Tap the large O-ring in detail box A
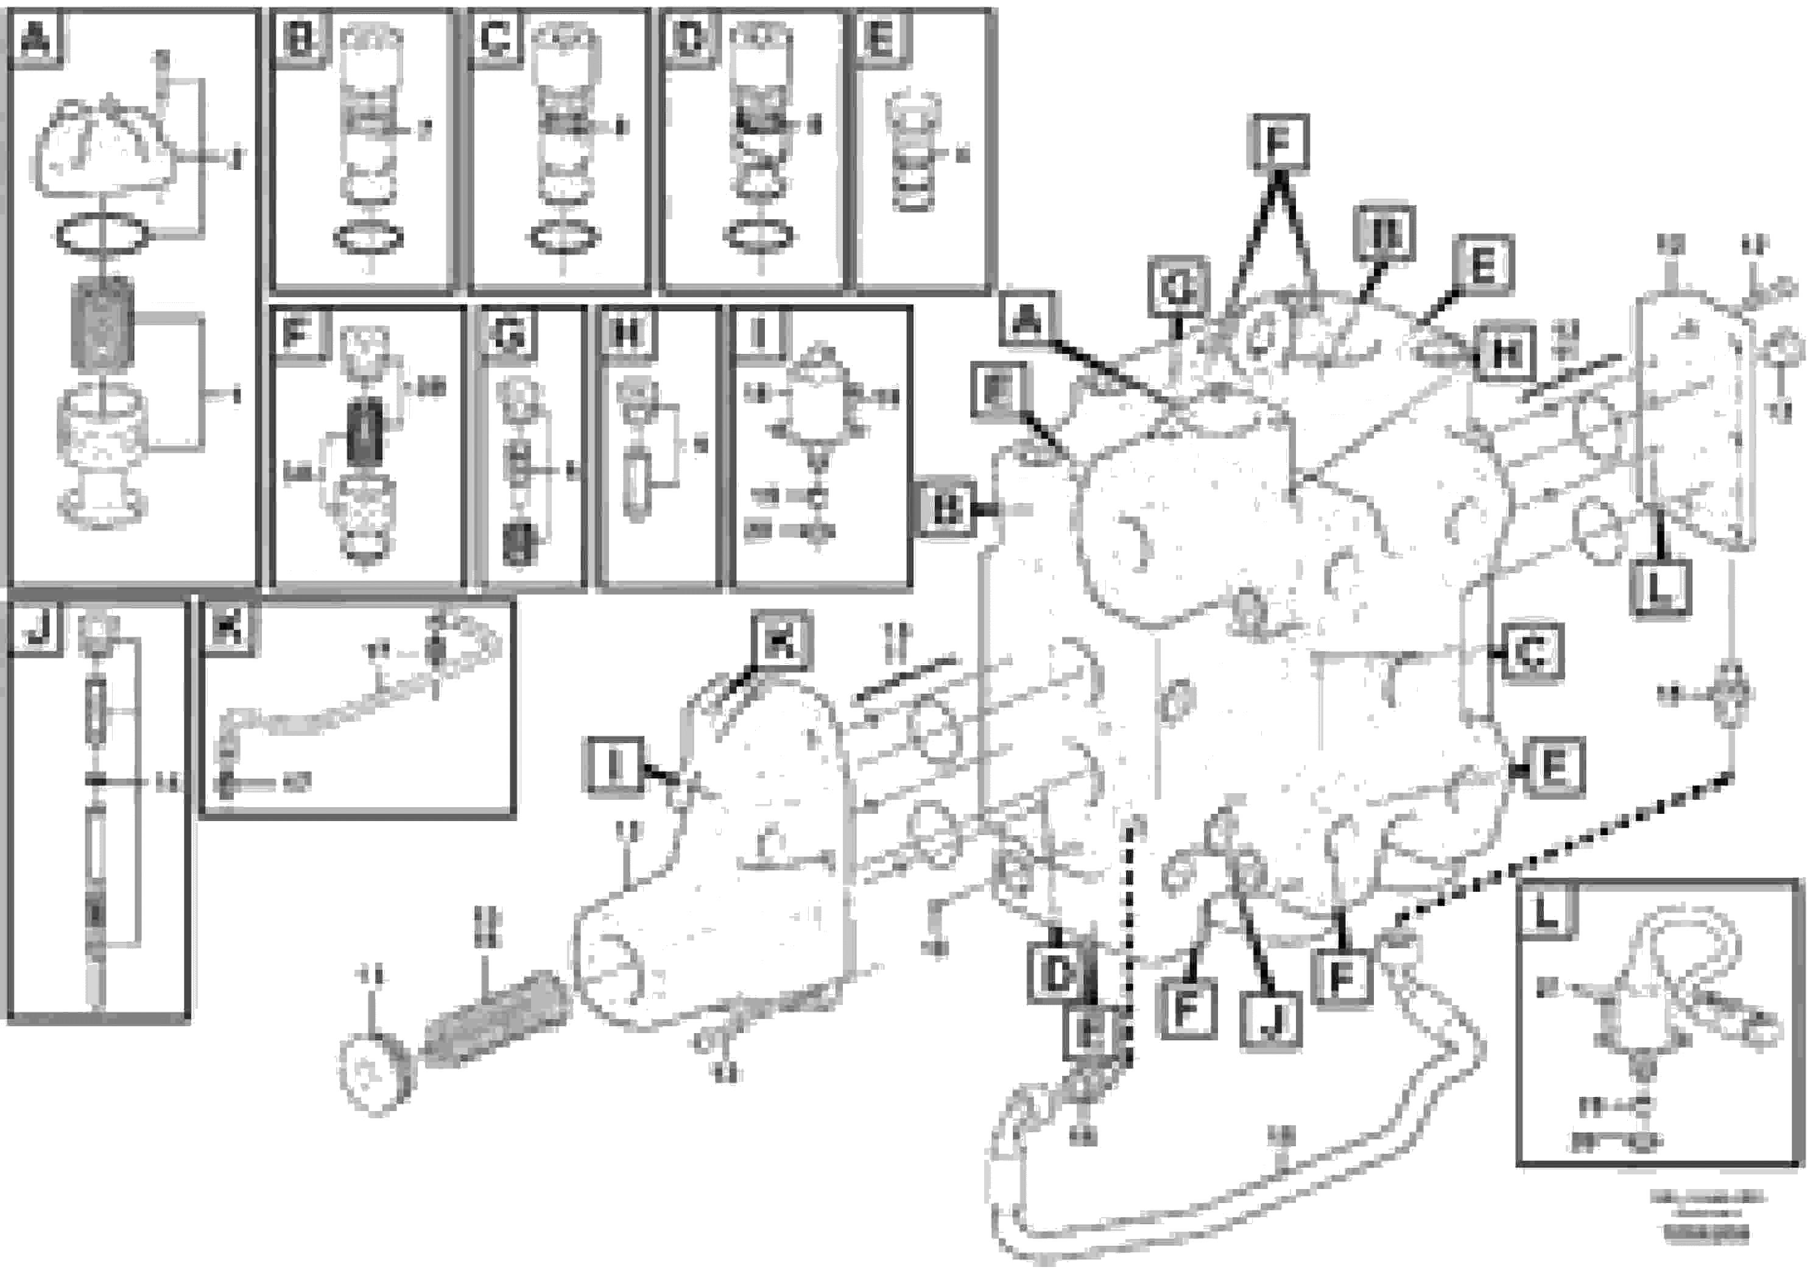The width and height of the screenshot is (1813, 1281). (x=102, y=235)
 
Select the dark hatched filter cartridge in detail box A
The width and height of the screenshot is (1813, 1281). (x=103, y=325)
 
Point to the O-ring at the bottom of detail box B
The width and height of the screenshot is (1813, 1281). (x=368, y=237)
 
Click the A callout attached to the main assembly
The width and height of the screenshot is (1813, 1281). (x=1027, y=319)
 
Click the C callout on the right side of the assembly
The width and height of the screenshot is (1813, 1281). (x=1532, y=652)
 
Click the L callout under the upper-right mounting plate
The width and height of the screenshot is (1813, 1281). (x=1661, y=588)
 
